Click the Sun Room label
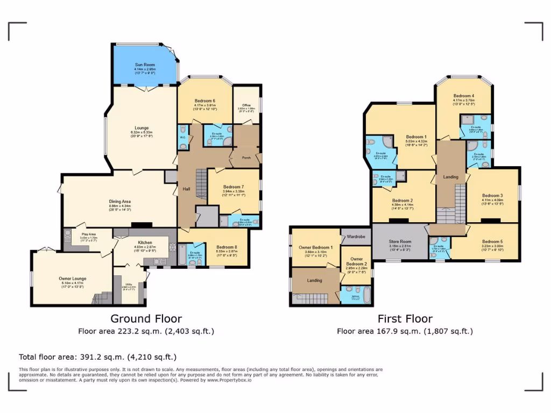pyautogui.click(x=145, y=65)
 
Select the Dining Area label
pyautogui.click(x=119, y=202)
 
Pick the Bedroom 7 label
pyautogui.click(x=234, y=186)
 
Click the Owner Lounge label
pyautogui.click(x=73, y=279)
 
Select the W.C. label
pyautogui.click(x=182, y=137)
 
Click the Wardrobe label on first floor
pyautogui.click(x=356, y=236)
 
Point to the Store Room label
pyautogui.click(x=400, y=241)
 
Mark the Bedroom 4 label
pyautogui.click(x=464, y=96)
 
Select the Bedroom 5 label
pyautogui.click(x=493, y=241)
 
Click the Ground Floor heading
pyautogui.click(x=146, y=319)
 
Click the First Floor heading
pyautogui.click(x=405, y=319)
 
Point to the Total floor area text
pyautogui.click(x=97, y=357)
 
